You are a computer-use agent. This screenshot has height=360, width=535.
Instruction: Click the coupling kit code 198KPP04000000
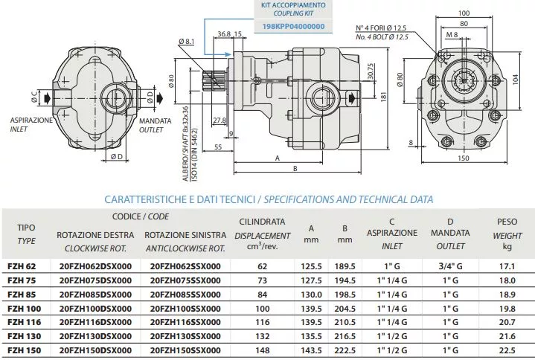(293, 27)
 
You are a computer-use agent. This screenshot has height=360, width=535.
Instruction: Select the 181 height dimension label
(383, 97)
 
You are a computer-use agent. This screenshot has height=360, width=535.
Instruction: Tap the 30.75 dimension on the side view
(371, 71)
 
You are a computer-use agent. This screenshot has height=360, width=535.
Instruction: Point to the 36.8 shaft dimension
(224, 34)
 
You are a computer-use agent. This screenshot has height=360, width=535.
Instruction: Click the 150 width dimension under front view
(463, 158)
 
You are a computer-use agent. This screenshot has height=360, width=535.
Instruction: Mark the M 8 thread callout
(452, 34)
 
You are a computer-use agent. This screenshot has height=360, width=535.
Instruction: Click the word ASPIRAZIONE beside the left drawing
(31, 120)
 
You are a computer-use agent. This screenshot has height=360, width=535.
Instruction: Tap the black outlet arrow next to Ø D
(160, 98)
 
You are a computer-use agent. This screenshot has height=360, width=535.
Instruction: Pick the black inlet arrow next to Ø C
(48, 98)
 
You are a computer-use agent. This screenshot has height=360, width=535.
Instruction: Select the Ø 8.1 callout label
(186, 42)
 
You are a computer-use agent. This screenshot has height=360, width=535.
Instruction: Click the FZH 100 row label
(24, 309)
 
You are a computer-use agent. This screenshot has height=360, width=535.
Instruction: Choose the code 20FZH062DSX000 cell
(95, 266)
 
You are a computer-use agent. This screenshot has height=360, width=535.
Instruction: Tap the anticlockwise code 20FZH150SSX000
(185, 350)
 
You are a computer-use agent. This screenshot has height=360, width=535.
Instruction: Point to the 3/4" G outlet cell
(450, 266)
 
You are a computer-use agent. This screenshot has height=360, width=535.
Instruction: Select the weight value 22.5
(507, 350)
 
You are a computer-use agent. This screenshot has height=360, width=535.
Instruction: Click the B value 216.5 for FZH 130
(345, 336)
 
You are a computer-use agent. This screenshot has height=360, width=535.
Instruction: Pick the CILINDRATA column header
(262, 222)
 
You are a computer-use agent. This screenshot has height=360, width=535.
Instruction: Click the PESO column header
(507, 222)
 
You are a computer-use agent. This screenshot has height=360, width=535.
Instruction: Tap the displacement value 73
(262, 280)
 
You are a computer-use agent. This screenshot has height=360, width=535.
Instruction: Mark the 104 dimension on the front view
(515, 80)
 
